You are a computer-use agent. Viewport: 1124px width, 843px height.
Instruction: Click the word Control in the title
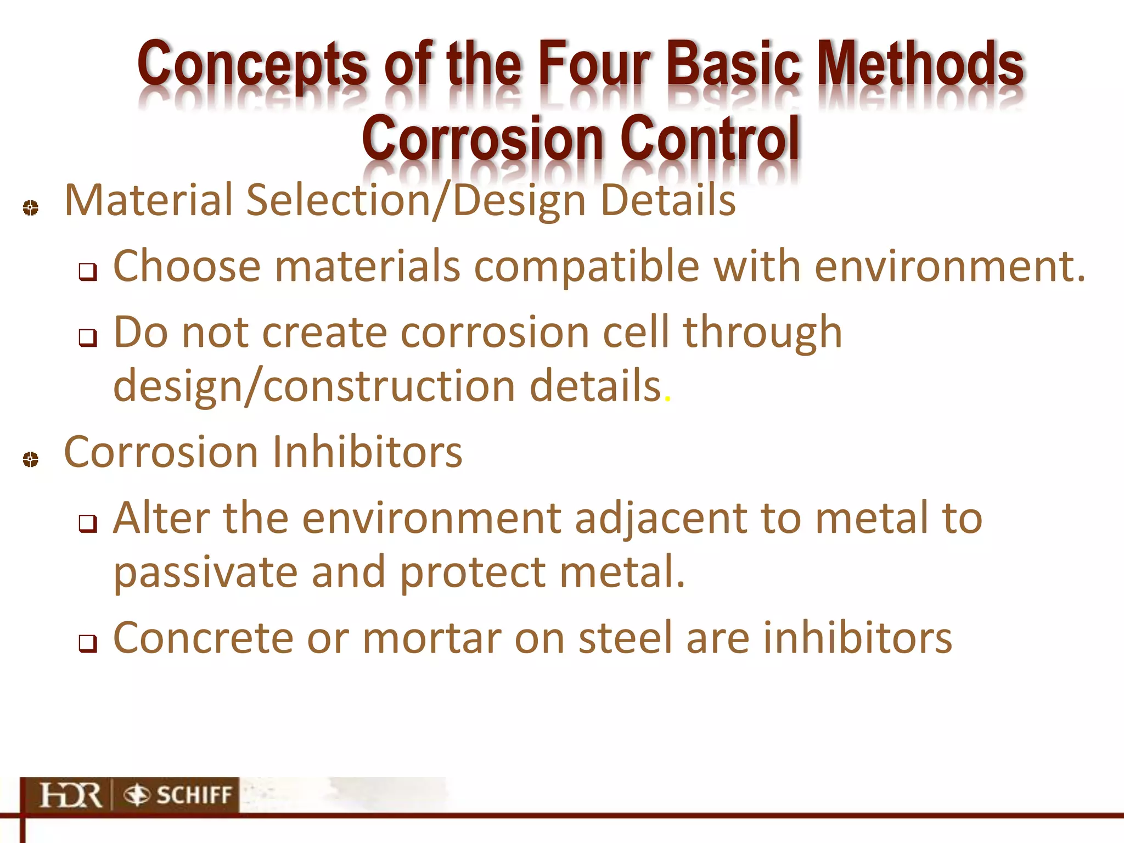(x=710, y=138)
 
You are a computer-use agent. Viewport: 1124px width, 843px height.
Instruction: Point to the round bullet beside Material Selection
(x=31, y=208)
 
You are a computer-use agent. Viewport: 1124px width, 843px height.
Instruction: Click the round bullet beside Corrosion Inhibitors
(x=31, y=459)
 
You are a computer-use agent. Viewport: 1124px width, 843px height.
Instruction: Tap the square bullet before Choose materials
(x=88, y=272)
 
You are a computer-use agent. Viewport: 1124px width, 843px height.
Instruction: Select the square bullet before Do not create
(x=88, y=338)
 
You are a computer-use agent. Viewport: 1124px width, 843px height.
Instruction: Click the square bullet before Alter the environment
(x=88, y=524)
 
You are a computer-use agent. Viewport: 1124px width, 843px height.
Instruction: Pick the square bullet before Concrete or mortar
(x=88, y=643)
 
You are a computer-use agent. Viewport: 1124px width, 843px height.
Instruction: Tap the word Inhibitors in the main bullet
(x=367, y=452)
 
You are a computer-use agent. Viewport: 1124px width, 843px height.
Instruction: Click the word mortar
(x=431, y=638)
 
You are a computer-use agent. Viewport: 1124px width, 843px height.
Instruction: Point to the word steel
(x=625, y=638)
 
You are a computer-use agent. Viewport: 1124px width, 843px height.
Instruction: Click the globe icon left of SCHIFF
(x=136, y=795)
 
